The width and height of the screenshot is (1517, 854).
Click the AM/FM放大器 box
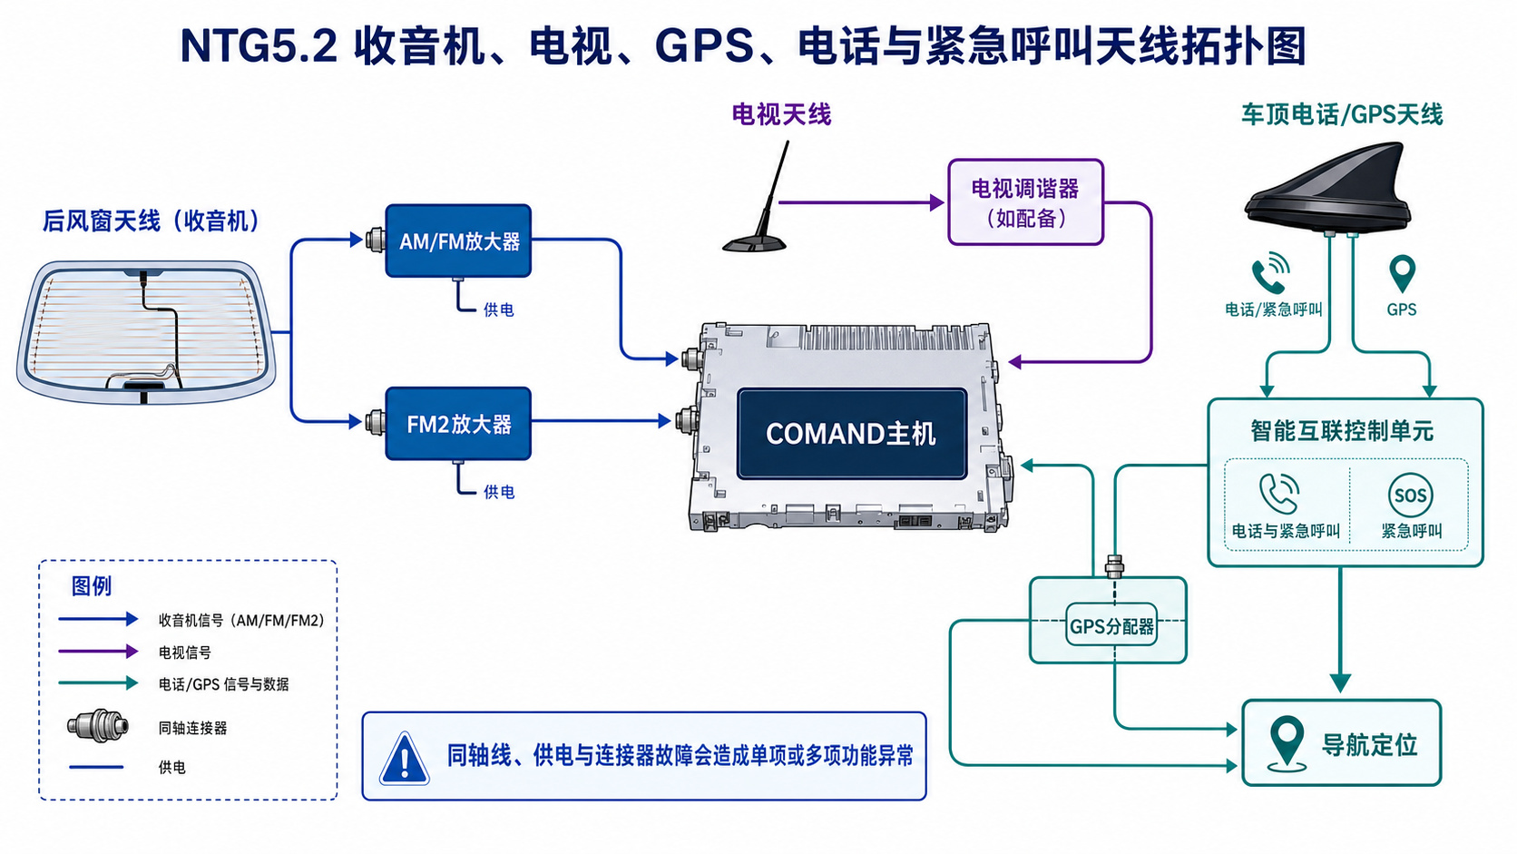coord(458,240)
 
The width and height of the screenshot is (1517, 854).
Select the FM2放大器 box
coord(458,423)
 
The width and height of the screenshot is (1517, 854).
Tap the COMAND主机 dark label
coord(852,434)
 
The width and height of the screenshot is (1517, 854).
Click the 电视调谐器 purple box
coord(1025,201)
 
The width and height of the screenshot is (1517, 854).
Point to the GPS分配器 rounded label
coord(1111,625)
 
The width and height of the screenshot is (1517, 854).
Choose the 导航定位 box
coord(1342,743)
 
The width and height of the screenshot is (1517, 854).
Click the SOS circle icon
coord(1411,495)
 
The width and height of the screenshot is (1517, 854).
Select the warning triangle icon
coord(405,760)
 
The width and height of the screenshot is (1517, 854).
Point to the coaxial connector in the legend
coord(98,726)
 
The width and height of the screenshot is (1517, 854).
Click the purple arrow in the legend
coord(98,652)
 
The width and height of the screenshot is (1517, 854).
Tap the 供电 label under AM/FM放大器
coord(499,310)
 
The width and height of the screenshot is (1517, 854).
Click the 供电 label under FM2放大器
coord(499,493)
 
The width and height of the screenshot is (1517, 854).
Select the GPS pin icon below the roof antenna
coord(1402,274)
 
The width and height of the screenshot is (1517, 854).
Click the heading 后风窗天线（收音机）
coord(152,221)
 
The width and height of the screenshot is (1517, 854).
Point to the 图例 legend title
coord(92,585)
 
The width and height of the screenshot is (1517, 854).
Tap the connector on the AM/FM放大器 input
coord(376,240)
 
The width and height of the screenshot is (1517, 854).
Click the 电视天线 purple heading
coord(781,114)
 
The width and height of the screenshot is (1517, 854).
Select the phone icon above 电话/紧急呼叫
coord(1270,273)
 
